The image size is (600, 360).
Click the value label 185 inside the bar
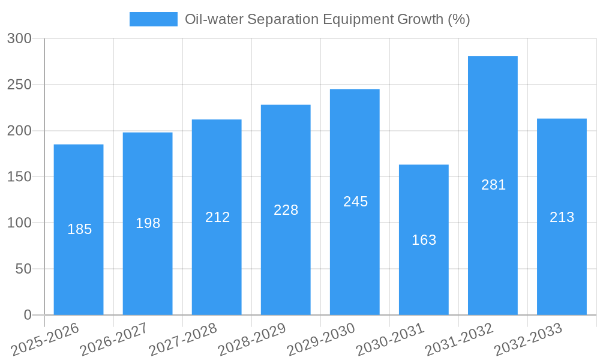point(79,229)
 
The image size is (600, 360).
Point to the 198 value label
point(148,223)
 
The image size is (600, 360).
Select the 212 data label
point(217,217)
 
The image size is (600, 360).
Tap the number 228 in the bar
point(286,210)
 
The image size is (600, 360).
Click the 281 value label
point(493,185)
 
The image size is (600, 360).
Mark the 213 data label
point(562,217)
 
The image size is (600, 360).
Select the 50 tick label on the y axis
point(23,269)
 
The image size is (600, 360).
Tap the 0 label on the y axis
point(28,315)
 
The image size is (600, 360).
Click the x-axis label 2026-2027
point(114,339)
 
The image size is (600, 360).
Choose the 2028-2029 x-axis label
point(252,339)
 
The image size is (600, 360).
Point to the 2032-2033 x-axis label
point(528,339)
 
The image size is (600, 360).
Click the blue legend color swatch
point(154,19)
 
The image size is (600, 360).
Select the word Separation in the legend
point(284,19)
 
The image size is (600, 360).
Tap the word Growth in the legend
point(421,19)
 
